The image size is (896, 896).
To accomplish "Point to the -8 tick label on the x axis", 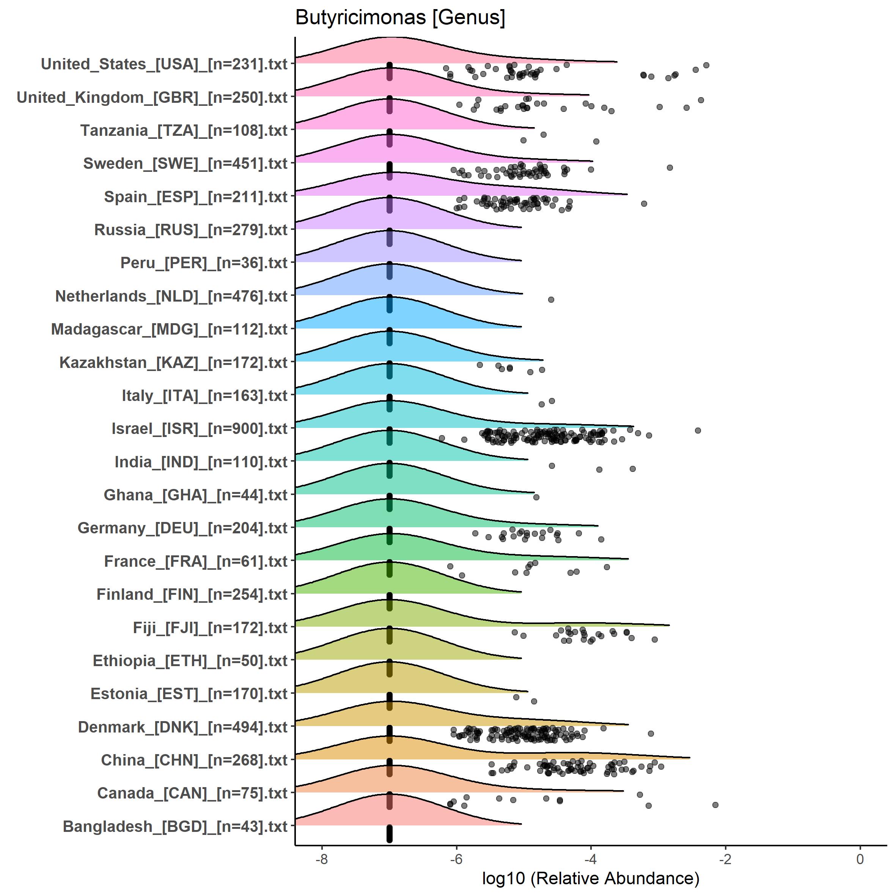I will click(x=321, y=859).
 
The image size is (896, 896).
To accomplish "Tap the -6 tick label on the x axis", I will click(x=456, y=859).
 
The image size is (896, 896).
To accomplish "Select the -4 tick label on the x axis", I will click(x=590, y=859).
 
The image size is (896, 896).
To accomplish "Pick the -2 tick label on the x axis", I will click(x=725, y=859).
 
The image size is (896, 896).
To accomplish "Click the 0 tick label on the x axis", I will click(x=860, y=859).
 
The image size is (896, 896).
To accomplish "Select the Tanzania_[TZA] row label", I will click(x=184, y=131).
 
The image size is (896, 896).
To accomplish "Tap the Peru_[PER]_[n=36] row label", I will click(x=204, y=263).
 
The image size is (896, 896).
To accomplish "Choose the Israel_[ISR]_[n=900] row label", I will click(x=200, y=429).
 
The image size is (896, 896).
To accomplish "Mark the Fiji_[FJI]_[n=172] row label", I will click(x=210, y=628).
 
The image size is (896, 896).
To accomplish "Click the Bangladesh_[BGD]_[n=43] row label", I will click(x=175, y=827).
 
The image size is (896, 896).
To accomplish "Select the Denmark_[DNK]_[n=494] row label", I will click(x=183, y=727).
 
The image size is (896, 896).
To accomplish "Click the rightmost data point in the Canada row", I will click(x=715, y=805).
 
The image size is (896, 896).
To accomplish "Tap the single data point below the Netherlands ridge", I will click(x=551, y=300).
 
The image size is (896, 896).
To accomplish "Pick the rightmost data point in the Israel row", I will click(x=698, y=431).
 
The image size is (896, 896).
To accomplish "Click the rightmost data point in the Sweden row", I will click(x=670, y=167).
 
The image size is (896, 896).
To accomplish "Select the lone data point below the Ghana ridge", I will click(x=536, y=497).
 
